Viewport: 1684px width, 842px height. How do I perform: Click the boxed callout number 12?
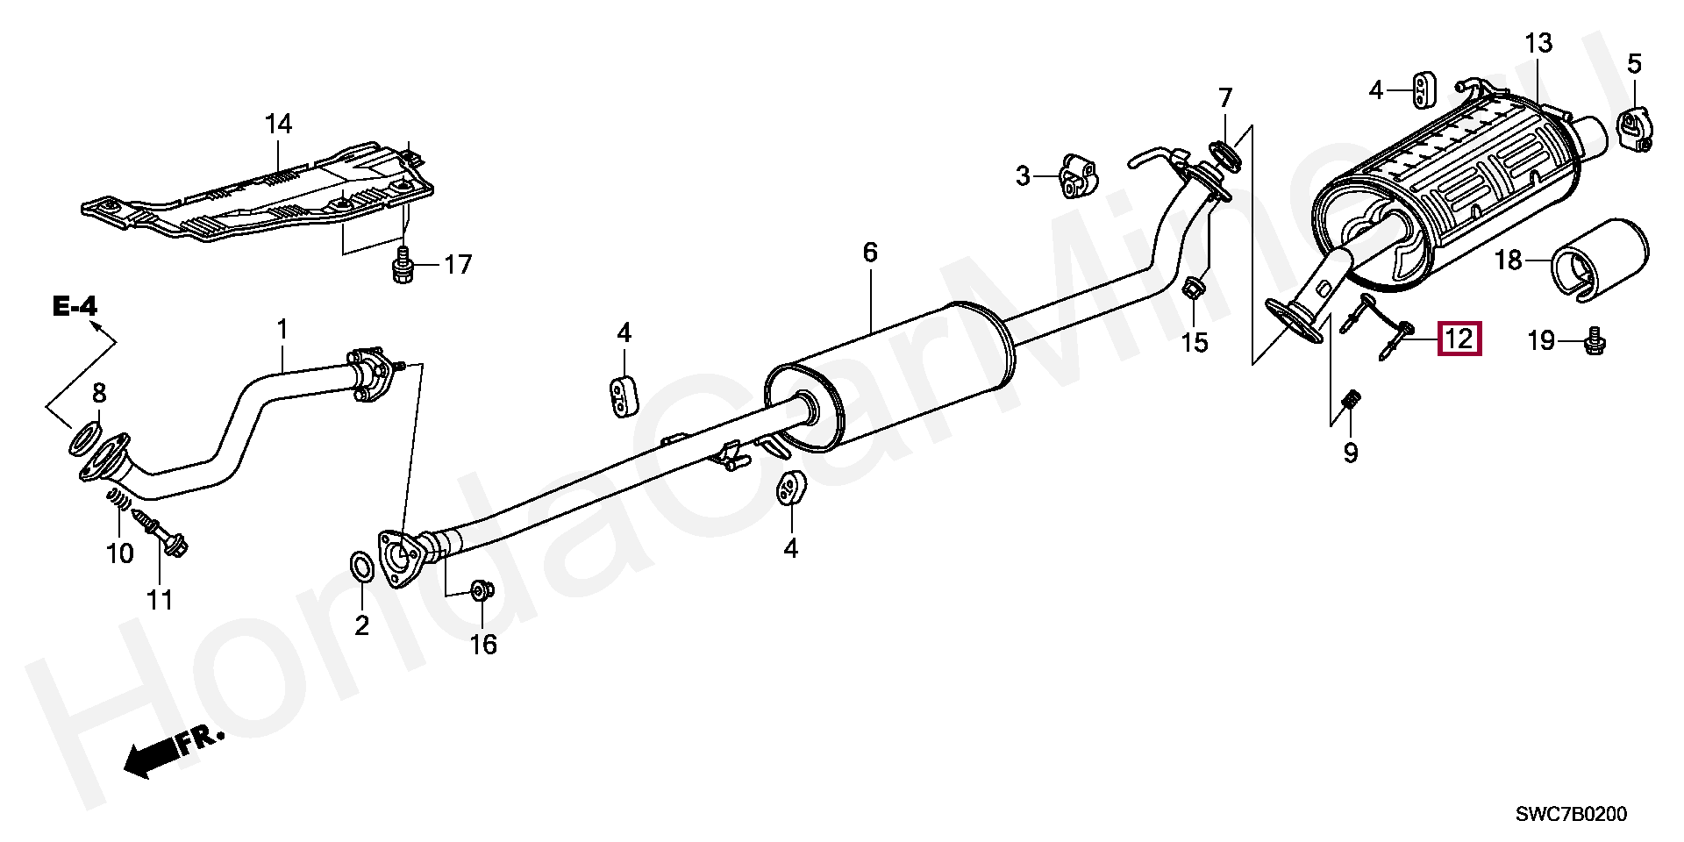tap(1459, 339)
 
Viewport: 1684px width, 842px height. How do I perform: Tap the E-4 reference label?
tap(75, 306)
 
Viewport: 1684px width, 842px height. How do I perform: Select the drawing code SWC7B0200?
tap(1571, 815)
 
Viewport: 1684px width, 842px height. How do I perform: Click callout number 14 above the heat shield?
tap(278, 125)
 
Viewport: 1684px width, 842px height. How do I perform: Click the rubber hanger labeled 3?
tap(1077, 176)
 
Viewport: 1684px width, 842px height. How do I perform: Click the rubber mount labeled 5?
tap(1633, 129)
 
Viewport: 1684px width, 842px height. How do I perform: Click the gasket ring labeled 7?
tap(1226, 154)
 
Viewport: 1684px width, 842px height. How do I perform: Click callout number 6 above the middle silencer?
tap(869, 253)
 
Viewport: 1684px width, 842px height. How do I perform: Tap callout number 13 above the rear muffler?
tap(1538, 43)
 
